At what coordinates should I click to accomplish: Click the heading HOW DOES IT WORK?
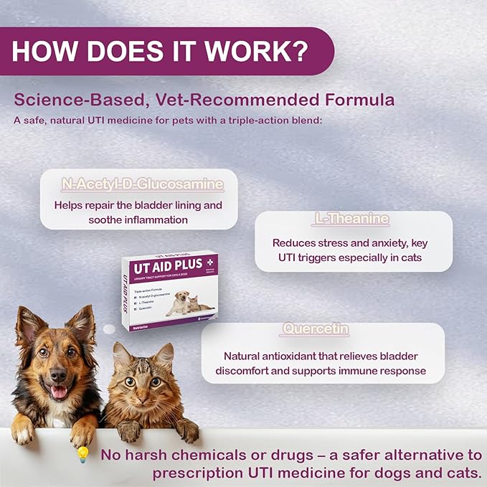click(x=161, y=51)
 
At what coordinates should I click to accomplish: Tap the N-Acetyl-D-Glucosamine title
click(x=141, y=184)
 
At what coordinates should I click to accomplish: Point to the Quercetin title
click(x=316, y=329)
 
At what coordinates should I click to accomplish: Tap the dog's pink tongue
click(x=58, y=392)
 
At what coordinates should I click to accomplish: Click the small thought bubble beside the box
click(x=109, y=329)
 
